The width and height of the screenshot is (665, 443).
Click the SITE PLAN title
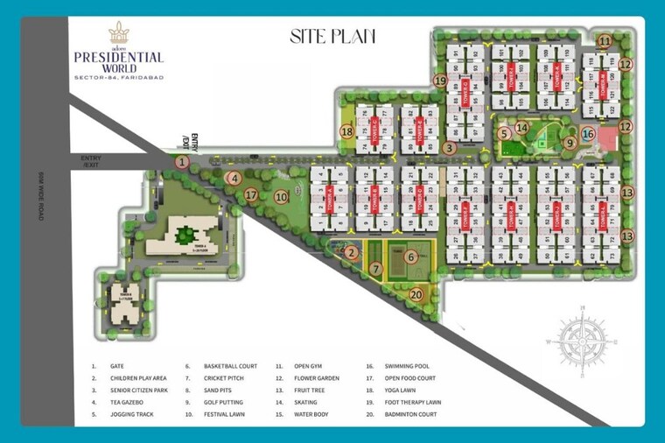coord(332,36)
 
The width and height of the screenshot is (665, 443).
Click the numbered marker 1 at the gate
coord(182,161)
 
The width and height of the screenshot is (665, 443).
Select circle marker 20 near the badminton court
coord(416,294)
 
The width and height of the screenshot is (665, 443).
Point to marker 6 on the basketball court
coord(410,257)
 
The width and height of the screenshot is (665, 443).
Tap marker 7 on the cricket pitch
coord(374,269)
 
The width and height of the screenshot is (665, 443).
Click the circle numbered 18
coord(347,132)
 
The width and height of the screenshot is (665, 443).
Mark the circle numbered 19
coord(440,80)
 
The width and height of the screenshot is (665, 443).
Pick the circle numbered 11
coord(605,41)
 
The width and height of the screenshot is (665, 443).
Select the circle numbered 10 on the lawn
coord(281,197)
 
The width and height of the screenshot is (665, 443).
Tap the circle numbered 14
coord(521,128)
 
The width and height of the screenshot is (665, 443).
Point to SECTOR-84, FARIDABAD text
coord(118,80)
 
